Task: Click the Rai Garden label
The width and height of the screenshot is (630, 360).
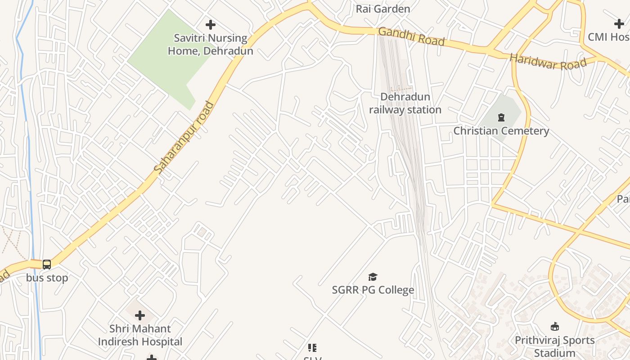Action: click(383, 9)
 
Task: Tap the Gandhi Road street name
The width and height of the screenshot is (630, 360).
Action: click(411, 36)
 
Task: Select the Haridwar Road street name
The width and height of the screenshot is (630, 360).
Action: click(548, 62)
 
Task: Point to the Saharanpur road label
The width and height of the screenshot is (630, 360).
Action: click(184, 138)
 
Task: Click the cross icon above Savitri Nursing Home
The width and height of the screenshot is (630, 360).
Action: click(210, 25)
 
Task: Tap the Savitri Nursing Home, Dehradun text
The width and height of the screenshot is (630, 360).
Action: click(211, 45)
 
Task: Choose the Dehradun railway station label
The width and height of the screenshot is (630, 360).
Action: click(405, 103)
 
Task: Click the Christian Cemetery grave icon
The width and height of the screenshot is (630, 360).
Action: click(501, 118)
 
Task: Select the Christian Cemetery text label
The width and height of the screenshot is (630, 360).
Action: click(501, 131)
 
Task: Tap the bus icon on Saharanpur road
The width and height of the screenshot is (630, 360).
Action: click(47, 265)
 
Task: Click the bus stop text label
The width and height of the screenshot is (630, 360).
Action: click(47, 278)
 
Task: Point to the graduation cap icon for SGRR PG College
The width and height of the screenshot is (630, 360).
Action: click(373, 277)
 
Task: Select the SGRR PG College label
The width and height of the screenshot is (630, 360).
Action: click(373, 290)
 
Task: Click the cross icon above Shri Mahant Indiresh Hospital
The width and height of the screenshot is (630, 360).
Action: click(140, 315)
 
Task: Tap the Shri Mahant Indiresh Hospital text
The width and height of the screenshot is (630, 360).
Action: click(140, 335)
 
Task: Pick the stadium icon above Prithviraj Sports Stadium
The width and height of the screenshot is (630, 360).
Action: click(554, 327)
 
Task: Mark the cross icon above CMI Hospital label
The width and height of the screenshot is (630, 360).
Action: click(619, 24)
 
